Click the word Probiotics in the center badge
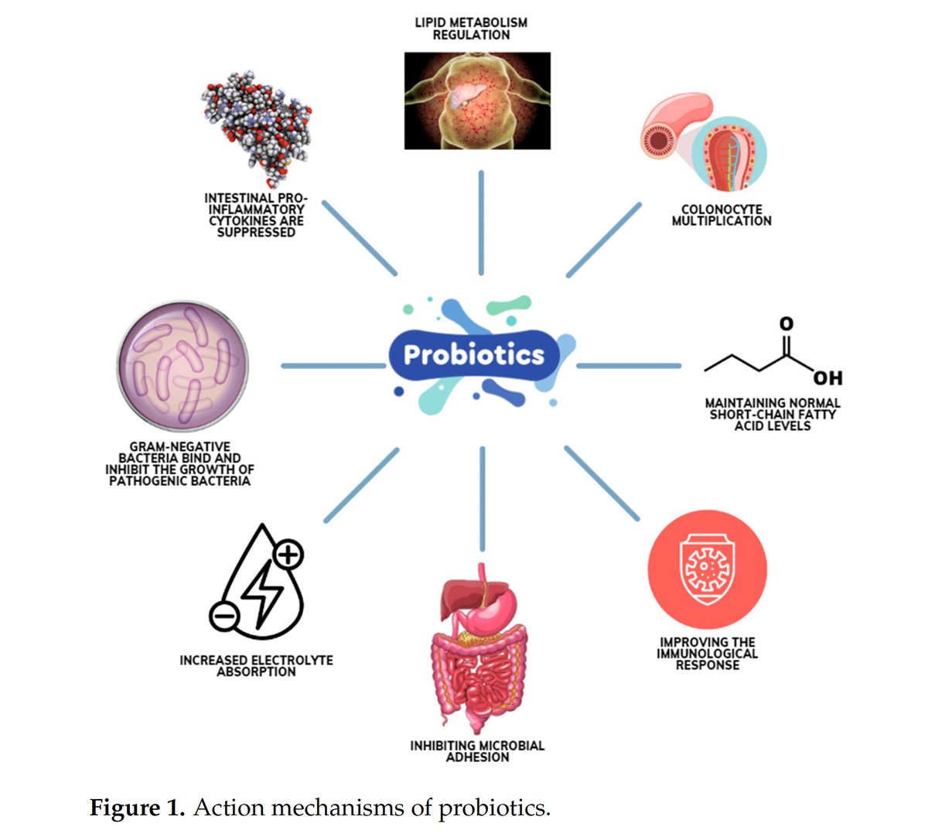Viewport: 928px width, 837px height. (x=473, y=354)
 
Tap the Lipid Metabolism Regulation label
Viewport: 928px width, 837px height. (x=471, y=29)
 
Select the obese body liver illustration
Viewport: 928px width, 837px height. (x=477, y=101)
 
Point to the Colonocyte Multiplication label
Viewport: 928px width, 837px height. (x=722, y=215)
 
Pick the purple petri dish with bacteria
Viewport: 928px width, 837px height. (x=183, y=367)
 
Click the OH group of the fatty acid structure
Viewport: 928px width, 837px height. (x=827, y=378)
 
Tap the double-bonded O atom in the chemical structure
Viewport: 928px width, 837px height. (x=786, y=323)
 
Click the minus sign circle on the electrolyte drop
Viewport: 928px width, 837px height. (x=223, y=616)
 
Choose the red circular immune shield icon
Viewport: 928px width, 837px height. (x=707, y=569)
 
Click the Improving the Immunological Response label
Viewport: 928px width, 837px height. (x=707, y=654)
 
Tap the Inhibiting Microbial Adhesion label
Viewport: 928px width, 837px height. (x=477, y=751)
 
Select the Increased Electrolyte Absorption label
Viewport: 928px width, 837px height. (x=256, y=666)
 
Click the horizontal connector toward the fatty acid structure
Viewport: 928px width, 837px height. (x=629, y=366)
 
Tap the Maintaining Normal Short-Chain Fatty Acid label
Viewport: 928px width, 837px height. (x=772, y=414)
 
